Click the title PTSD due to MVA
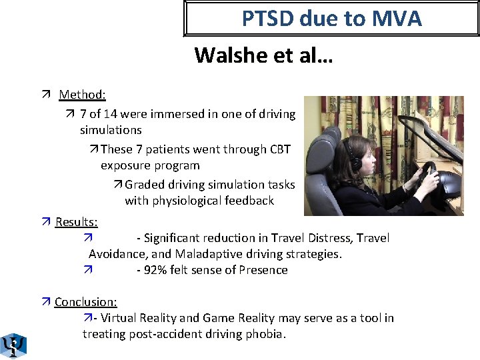(331, 19)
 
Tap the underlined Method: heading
(82, 95)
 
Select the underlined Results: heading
(76, 221)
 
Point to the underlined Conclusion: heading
(85, 302)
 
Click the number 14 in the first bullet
(123, 114)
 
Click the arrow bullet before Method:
(45, 95)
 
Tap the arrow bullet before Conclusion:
(45, 303)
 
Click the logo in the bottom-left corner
(13, 345)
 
